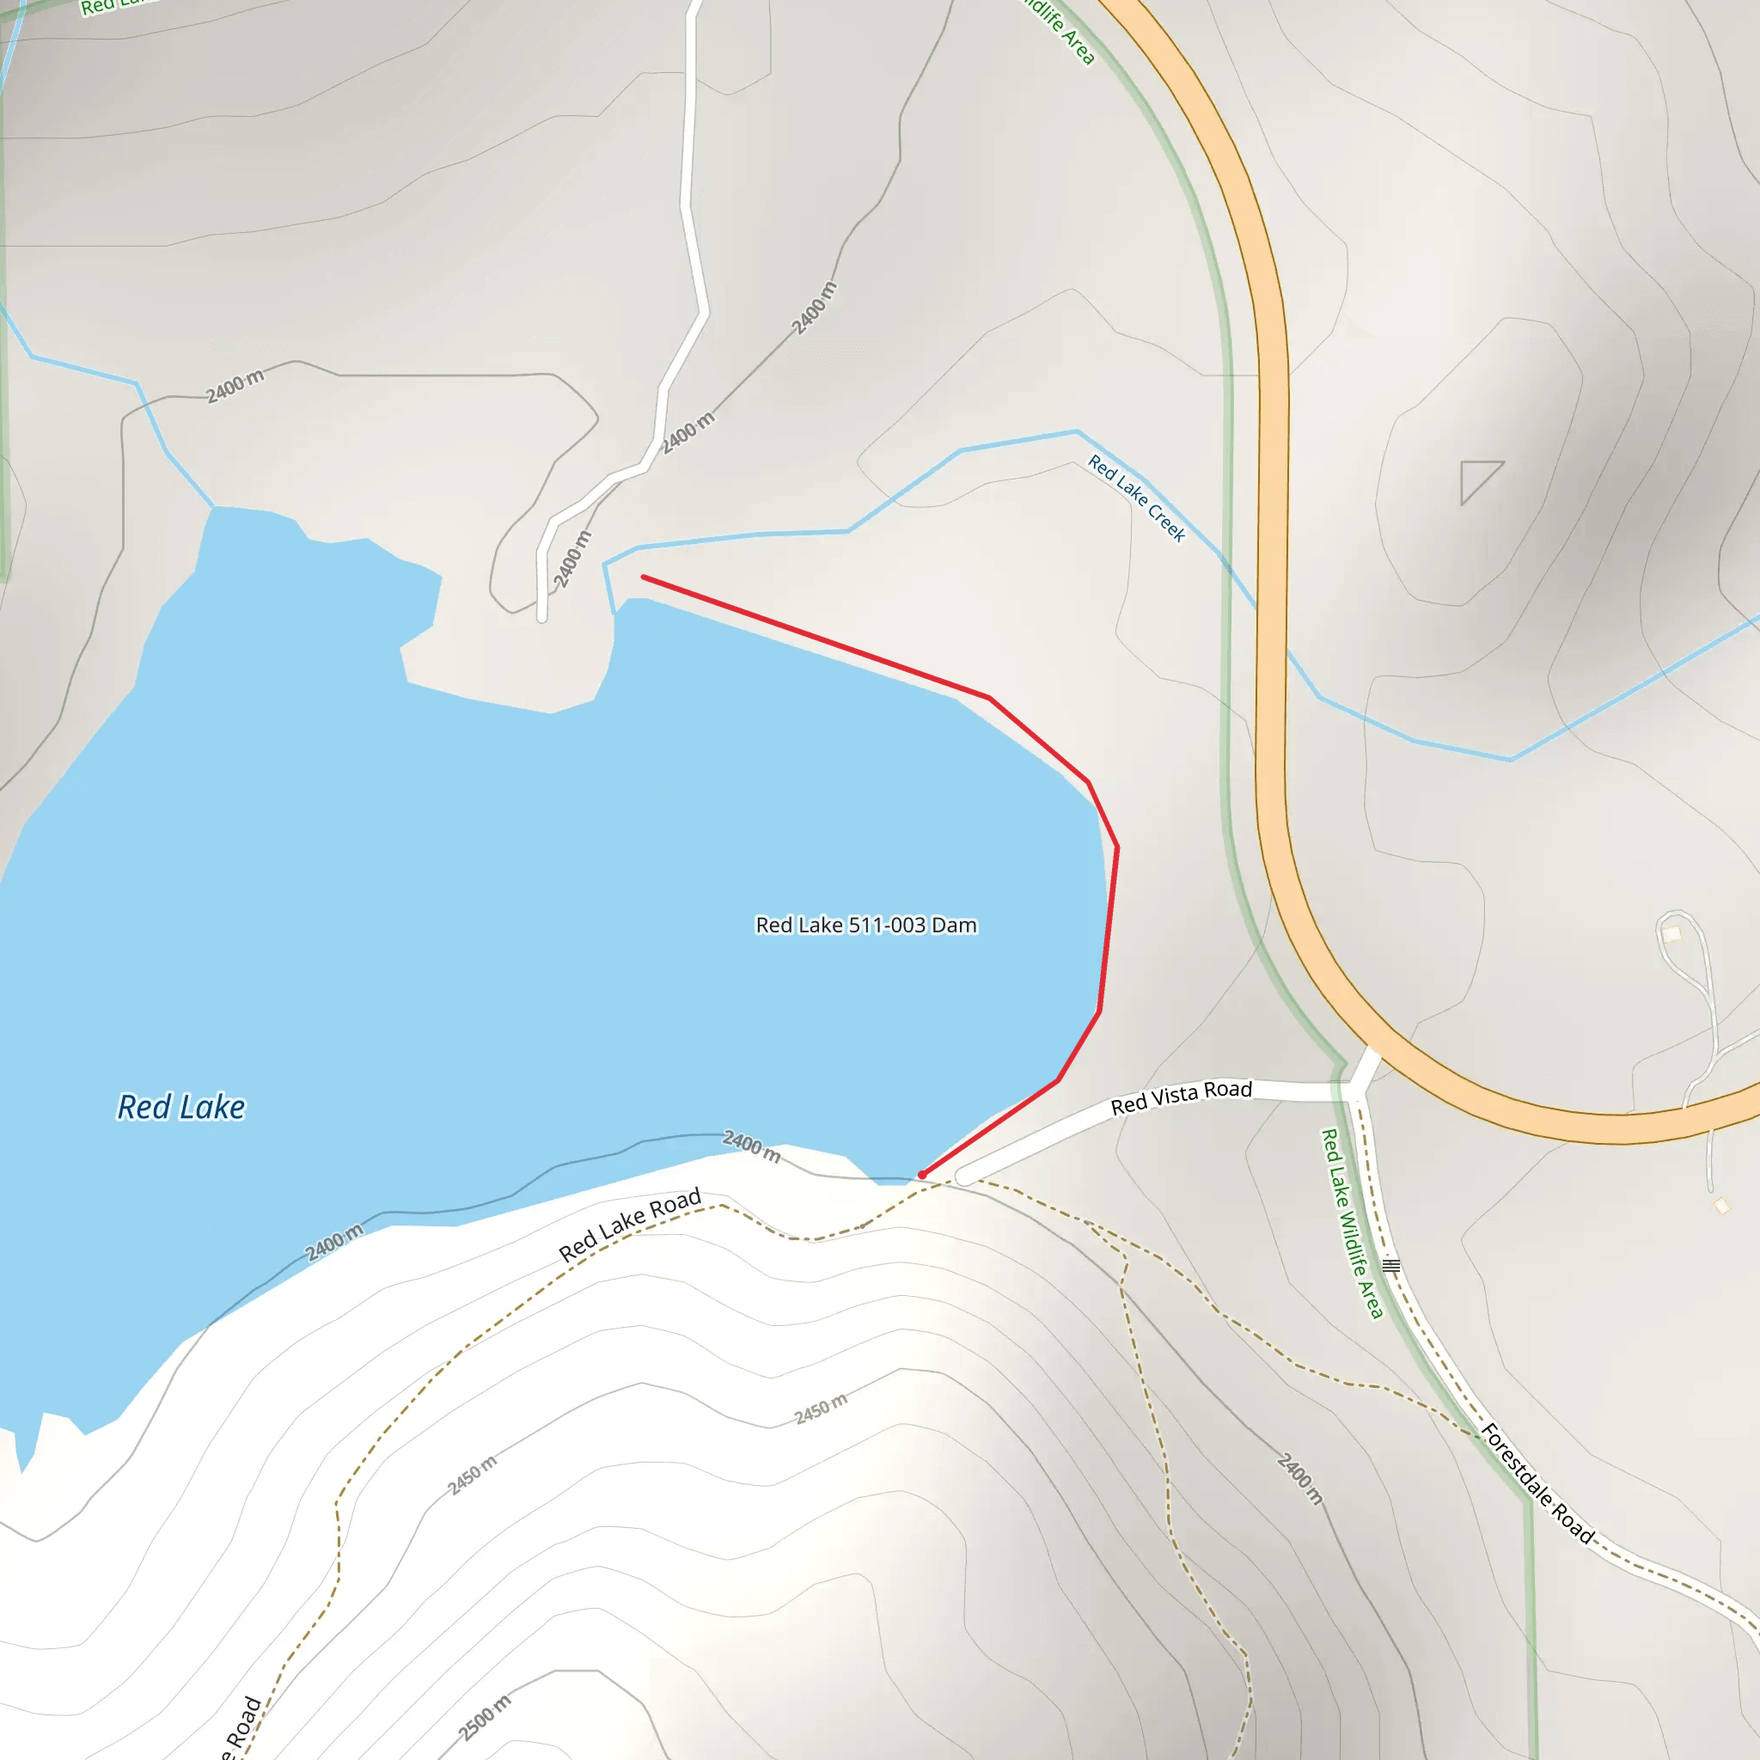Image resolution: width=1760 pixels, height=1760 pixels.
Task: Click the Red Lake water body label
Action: pyautogui.click(x=181, y=1107)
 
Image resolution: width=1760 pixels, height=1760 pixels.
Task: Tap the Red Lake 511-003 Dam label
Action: pyautogui.click(x=865, y=925)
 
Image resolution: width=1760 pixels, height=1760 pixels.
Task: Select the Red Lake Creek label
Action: pyautogui.click(x=1136, y=498)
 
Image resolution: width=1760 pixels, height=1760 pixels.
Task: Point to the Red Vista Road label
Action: pyautogui.click(x=1181, y=1097)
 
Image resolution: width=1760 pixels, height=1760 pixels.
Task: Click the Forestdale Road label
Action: pyautogui.click(x=1537, y=1484)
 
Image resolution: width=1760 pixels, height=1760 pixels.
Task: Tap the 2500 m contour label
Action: pyautogui.click(x=484, y=1718)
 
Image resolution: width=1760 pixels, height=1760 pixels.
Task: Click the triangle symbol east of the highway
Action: pyautogui.click(x=1476, y=480)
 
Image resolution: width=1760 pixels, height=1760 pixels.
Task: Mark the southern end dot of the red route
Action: pyautogui.click(x=922, y=1175)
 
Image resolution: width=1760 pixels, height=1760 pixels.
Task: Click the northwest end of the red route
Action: pyautogui.click(x=644, y=577)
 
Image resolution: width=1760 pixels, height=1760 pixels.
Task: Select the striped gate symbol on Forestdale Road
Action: pyautogui.click(x=1391, y=1265)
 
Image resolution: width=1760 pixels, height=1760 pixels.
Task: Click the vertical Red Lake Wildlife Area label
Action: pyautogui.click(x=1351, y=1223)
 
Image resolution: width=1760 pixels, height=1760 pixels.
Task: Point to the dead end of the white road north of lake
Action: pyautogui.click(x=542, y=618)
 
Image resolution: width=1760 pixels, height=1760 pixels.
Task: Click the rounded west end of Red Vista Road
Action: pyautogui.click(x=964, y=1177)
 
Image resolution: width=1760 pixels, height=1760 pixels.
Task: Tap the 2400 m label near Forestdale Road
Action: pyautogui.click(x=1300, y=1477)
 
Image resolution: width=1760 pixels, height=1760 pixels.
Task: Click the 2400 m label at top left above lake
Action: pyautogui.click(x=235, y=386)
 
